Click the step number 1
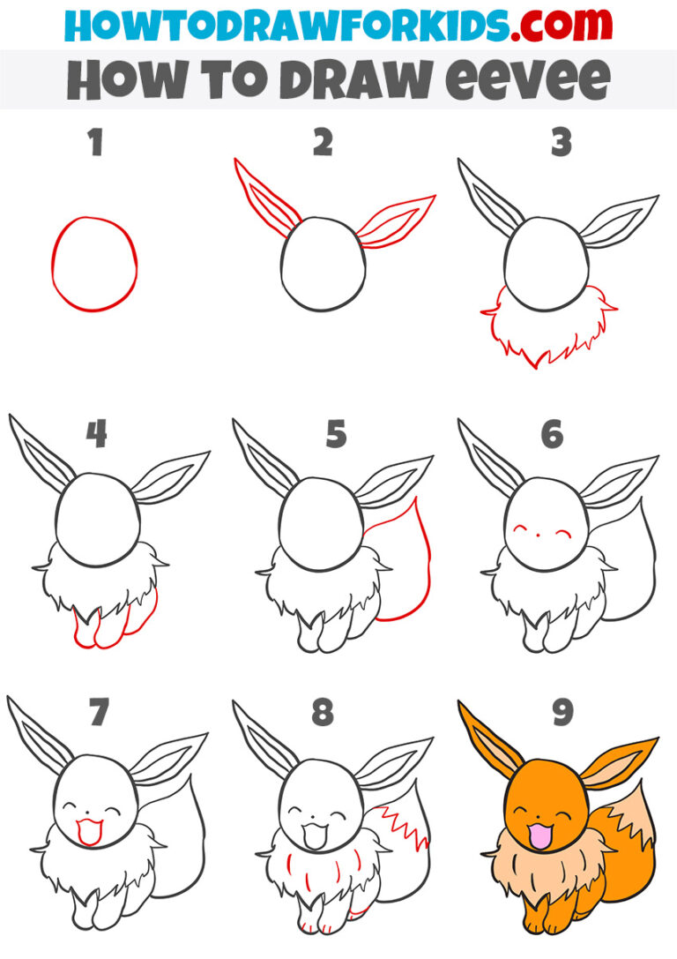click(x=95, y=143)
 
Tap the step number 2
click(x=323, y=143)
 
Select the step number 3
click(x=562, y=143)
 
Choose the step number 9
click(x=562, y=713)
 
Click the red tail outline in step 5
click(x=415, y=565)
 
